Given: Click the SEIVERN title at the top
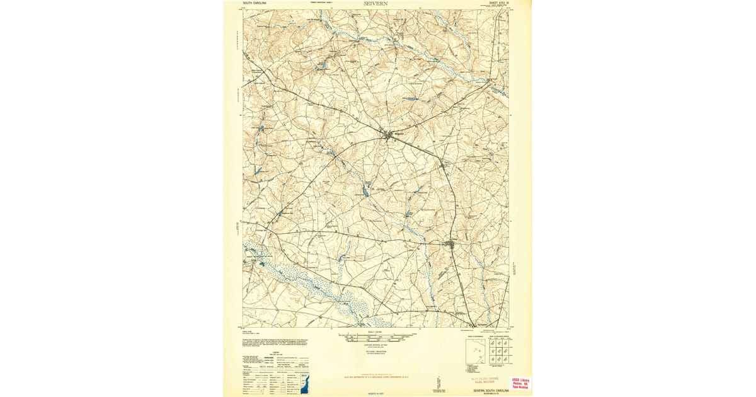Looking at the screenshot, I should tap(376, 3).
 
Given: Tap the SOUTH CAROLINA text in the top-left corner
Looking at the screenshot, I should tap(255, 3).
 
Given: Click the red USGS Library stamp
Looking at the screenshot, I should tap(520, 383).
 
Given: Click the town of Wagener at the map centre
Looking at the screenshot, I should tap(391, 134).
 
